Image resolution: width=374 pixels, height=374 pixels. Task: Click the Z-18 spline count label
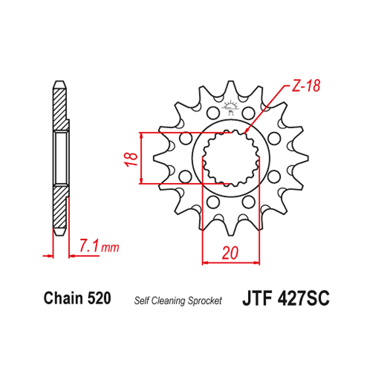coord(305,87)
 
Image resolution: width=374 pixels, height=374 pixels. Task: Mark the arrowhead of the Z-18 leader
coord(245,132)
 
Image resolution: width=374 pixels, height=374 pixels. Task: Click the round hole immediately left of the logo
coord(212,112)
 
